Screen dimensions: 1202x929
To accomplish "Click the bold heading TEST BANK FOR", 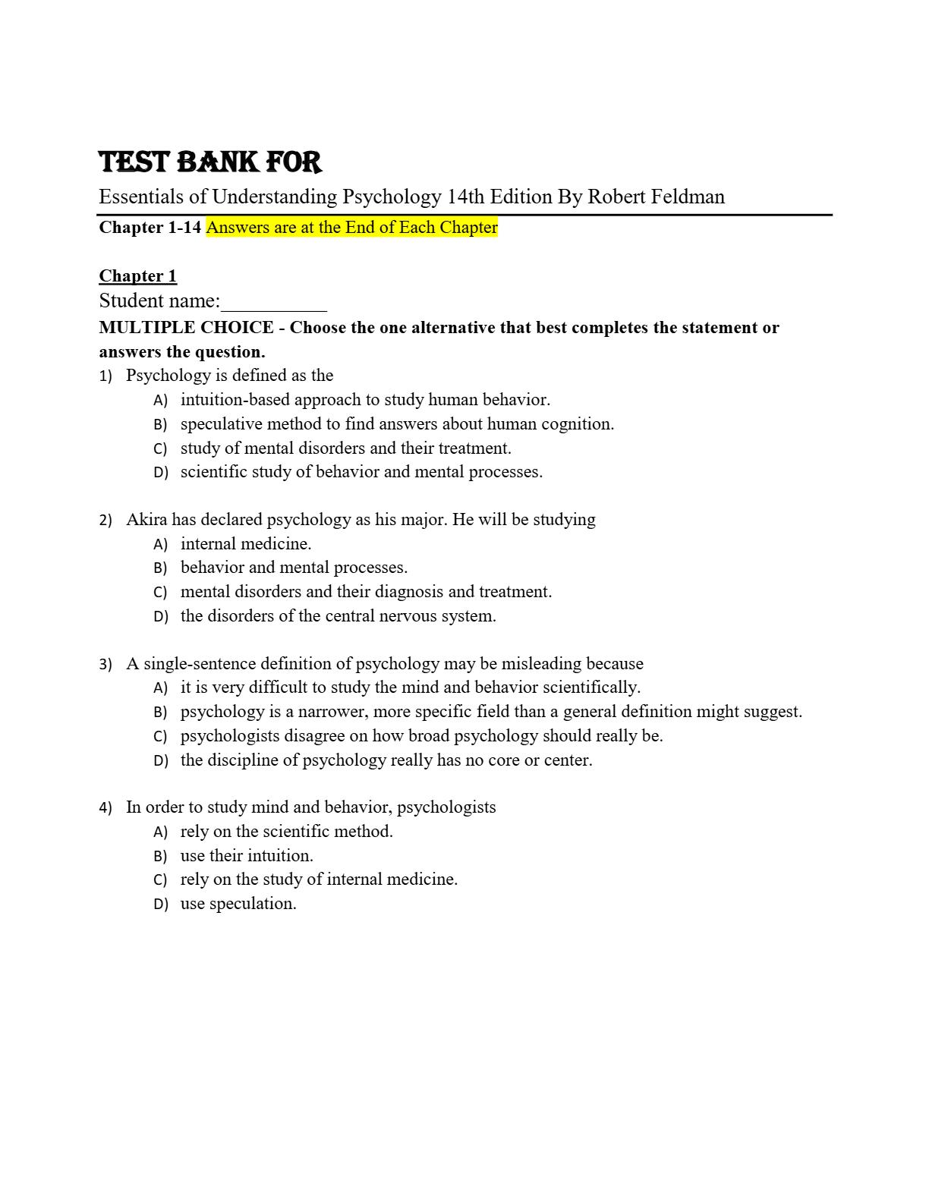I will point(210,162).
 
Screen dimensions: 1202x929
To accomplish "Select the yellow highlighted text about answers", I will point(351,228).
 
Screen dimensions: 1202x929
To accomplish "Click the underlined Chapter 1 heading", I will point(137,275).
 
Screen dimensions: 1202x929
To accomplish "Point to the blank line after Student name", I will point(273,304).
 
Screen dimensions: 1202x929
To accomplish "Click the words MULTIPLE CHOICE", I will point(186,328).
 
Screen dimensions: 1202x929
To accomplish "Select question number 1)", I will point(105,376).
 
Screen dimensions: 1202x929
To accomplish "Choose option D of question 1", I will point(361,472).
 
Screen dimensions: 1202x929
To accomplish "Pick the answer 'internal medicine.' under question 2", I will point(246,544).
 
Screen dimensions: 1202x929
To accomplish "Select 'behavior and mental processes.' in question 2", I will point(294,568).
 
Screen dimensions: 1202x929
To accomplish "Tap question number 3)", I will point(105,664).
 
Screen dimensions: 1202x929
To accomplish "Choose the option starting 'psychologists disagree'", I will point(421,736).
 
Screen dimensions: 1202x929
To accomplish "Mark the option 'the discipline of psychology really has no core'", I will point(386,760).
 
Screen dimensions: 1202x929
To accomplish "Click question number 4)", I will point(105,807).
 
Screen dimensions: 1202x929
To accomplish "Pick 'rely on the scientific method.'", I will point(286,832).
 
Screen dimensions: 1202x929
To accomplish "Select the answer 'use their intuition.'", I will point(247,856).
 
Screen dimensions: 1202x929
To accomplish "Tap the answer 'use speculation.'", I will point(238,904).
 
